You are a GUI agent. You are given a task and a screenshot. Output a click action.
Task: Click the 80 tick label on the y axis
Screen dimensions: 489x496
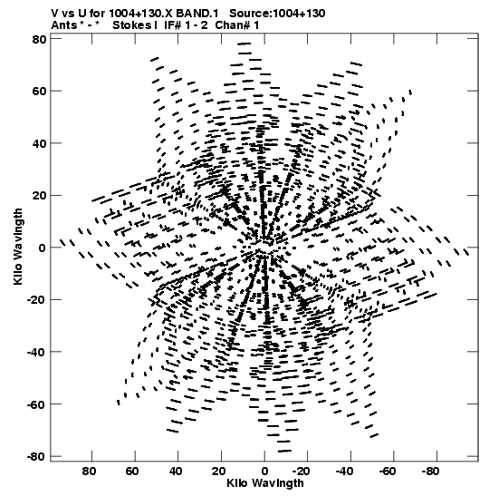tap(39, 39)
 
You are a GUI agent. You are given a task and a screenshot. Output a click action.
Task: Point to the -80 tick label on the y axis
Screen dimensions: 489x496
tap(36, 456)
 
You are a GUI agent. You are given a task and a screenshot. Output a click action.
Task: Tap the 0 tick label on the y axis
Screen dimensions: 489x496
tap(43, 248)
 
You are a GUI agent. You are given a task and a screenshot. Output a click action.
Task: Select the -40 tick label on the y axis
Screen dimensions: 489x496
tap(36, 352)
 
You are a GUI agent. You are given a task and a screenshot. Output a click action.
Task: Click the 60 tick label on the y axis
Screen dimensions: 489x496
tap(39, 92)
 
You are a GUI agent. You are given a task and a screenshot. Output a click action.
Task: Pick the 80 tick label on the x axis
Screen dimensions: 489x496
tap(89, 472)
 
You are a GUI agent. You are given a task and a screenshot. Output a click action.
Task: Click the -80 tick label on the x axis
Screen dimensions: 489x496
tap(430, 472)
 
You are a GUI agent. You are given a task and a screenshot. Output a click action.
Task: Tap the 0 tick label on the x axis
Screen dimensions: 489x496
tap(264, 472)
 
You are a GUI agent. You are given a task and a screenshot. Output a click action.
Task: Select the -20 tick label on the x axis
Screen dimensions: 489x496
tap(301, 472)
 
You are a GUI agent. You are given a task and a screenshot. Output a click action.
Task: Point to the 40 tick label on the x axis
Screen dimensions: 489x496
tap(176, 472)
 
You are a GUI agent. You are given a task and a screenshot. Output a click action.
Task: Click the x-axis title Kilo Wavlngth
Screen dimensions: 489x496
tap(265, 483)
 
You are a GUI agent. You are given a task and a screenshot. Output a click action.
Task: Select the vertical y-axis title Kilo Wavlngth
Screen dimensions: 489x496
tap(18, 247)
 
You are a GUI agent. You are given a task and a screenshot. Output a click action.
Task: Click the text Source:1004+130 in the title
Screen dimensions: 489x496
tap(277, 14)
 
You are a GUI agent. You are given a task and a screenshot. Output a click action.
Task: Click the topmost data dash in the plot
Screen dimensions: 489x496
tap(244, 44)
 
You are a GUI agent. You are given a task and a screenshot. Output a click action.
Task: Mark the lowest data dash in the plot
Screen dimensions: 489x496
tap(284, 451)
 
